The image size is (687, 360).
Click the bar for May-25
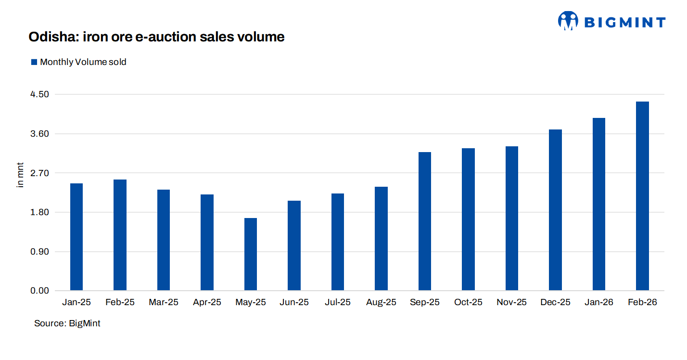(251, 254)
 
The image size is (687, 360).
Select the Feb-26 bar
(642, 196)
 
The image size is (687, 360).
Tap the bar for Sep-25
(425, 221)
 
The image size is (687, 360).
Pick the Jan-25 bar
(76, 237)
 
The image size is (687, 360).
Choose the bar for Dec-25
(555, 210)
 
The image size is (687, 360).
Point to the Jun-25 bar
(294, 245)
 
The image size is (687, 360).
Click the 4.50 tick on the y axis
(39, 94)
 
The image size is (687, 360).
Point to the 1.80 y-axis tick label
(39, 212)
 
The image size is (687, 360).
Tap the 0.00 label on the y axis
(39, 291)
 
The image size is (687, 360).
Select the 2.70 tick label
(39, 173)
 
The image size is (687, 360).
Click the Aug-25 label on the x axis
(381, 303)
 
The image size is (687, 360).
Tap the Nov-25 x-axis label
(511, 303)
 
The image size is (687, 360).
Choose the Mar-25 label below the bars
(164, 303)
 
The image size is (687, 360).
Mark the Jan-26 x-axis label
(598, 303)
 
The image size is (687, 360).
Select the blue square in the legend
(34, 62)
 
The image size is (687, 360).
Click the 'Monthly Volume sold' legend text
(83, 62)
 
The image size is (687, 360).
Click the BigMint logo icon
(568, 21)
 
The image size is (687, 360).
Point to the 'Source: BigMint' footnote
(67, 323)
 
